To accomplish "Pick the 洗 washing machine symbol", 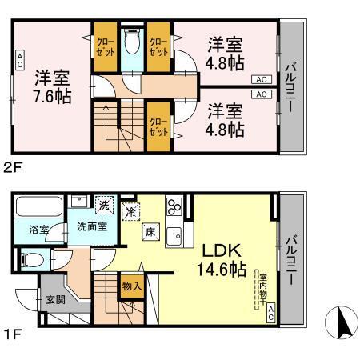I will [x=103, y=204].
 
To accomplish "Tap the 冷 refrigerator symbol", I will [x=131, y=212].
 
